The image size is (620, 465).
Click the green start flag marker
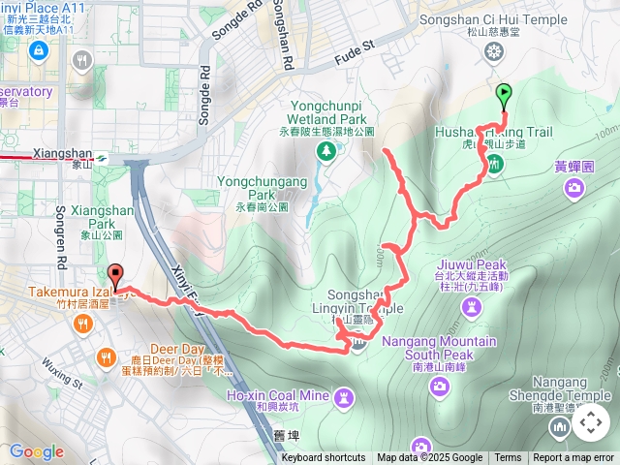click(x=504, y=95)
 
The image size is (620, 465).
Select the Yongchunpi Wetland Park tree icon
click(x=327, y=150)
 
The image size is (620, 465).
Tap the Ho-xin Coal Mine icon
click(x=344, y=397)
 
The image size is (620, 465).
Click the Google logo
click(x=36, y=451)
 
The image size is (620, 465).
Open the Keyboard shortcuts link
click(x=324, y=458)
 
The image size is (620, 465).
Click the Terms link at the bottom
click(x=508, y=458)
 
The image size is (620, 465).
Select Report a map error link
click(x=573, y=458)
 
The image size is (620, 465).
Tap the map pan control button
click(x=590, y=423)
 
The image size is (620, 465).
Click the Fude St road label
click(x=355, y=46)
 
